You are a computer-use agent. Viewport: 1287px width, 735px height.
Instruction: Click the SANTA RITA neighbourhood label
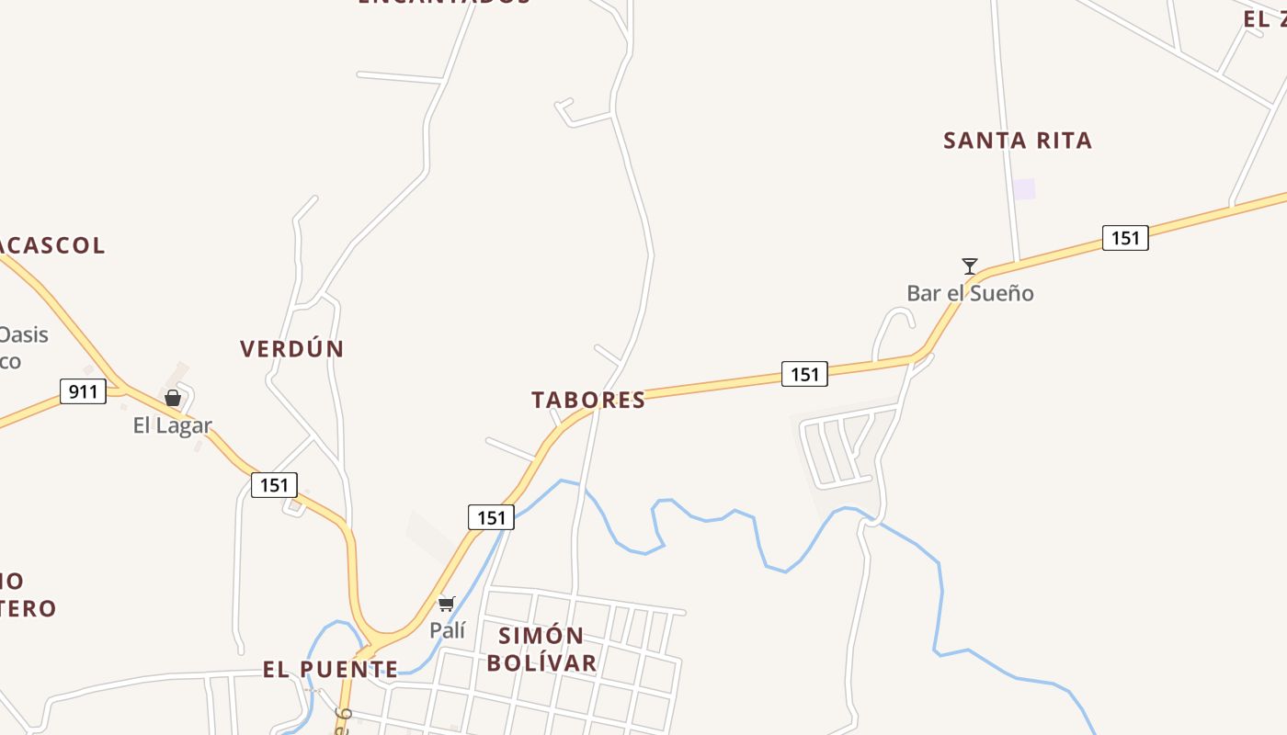click(1018, 141)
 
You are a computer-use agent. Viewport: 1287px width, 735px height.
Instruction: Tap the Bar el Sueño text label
click(970, 293)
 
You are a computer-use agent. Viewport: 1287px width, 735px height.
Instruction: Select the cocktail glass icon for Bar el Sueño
click(970, 266)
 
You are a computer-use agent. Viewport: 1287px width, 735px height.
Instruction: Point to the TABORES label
click(588, 400)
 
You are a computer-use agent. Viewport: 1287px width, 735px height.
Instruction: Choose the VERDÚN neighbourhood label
click(292, 349)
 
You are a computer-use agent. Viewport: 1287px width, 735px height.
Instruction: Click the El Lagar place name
click(173, 425)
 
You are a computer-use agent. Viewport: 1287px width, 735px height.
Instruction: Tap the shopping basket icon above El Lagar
click(173, 398)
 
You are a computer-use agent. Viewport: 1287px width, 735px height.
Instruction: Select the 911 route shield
click(83, 391)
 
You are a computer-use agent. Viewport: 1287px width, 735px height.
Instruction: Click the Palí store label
click(448, 630)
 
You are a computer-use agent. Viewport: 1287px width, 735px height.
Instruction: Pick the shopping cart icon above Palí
click(447, 604)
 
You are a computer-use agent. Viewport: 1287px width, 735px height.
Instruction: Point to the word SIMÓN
click(541, 635)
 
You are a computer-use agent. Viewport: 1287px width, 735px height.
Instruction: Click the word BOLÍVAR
click(541, 661)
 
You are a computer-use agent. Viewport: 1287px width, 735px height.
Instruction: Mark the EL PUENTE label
click(331, 669)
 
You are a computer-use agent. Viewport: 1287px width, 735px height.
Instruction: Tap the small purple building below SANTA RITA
click(1023, 189)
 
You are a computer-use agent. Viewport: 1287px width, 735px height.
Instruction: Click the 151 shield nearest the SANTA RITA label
click(1125, 239)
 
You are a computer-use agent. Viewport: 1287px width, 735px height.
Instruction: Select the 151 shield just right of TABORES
click(804, 374)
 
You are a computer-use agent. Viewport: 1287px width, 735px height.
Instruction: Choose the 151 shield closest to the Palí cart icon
click(491, 517)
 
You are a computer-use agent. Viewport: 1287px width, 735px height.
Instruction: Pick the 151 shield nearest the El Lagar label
click(274, 484)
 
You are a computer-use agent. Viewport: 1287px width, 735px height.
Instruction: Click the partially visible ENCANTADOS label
click(444, 3)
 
